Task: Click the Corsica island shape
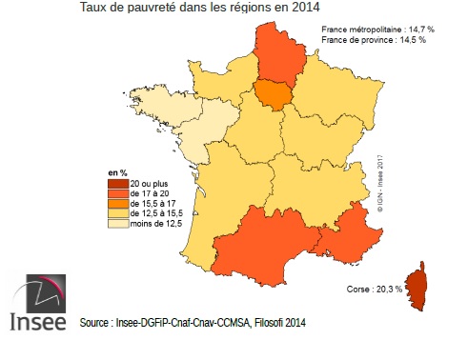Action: tap(417, 284)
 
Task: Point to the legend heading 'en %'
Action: tap(116, 170)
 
